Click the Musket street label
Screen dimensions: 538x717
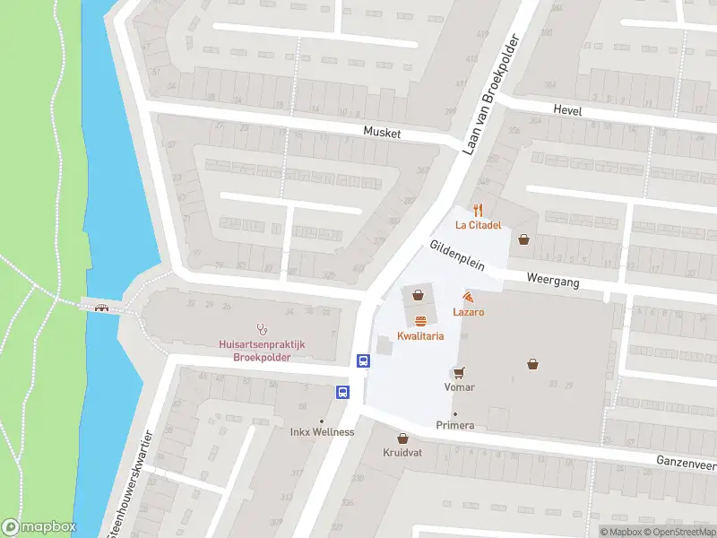click(382, 133)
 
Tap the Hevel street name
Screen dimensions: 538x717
click(567, 110)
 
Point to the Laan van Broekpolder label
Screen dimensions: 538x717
click(491, 95)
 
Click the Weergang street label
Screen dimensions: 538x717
click(553, 282)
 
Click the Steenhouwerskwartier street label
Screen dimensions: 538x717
click(129, 484)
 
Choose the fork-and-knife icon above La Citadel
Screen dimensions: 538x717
click(479, 211)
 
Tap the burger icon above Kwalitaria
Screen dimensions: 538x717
click(419, 320)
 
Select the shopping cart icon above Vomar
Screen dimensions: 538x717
click(459, 373)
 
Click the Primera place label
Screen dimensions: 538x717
click(454, 425)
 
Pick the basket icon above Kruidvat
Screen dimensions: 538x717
click(403, 438)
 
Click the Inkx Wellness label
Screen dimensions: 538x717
click(322, 432)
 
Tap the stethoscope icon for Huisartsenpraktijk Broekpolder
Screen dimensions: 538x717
click(262, 328)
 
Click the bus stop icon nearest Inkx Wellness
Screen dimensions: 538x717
click(342, 392)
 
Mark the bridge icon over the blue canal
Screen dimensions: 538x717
click(102, 308)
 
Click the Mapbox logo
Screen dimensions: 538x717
click(39, 526)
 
